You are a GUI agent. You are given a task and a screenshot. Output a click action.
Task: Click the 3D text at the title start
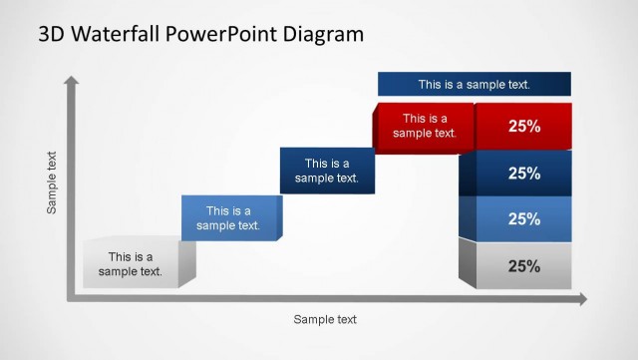click(x=53, y=35)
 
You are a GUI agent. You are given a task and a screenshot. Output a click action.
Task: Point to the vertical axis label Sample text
click(x=52, y=182)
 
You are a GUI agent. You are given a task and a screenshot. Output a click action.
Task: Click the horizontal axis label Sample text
click(x=324, y=320)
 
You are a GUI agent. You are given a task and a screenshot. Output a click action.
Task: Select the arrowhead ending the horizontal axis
click(x=581, y=298)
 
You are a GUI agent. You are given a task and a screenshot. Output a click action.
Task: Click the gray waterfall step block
click(x=135, y=264)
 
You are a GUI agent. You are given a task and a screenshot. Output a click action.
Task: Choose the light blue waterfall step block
click(x=229, y=217)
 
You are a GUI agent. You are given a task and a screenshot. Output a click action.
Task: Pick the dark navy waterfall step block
click(x=327, y=171)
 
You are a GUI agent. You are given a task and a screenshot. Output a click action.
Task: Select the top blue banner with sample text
click(x=474, y=85)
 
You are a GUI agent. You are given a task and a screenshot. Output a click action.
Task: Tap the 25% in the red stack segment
click(x=524, y=127)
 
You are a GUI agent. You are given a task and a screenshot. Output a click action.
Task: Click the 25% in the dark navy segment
click(x=524, y=173)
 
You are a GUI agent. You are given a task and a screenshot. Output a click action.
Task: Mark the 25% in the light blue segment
click(x=524, y=219)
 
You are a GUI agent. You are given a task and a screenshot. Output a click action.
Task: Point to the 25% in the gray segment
click(x=524, y=266)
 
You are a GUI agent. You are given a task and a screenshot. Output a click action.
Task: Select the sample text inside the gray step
click(x=130, y=264)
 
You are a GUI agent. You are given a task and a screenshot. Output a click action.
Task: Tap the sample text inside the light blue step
click(x=228, y=217)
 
